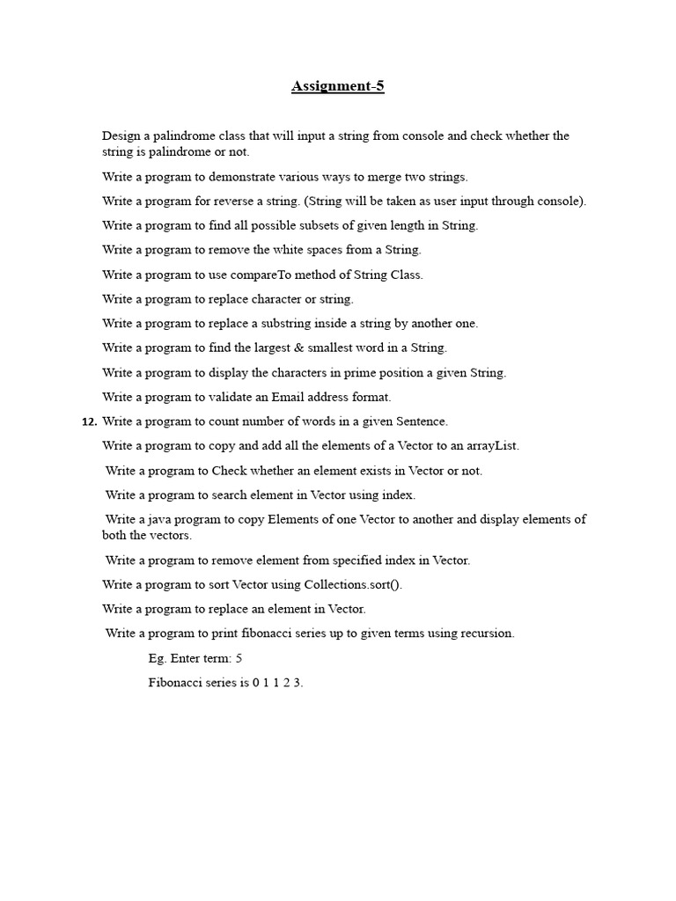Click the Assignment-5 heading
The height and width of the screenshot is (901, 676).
tap(338, 86)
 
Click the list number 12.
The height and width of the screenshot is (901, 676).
tap(89, 421)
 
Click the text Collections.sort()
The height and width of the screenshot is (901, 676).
tap(353, 584)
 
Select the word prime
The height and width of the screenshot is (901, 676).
tap(356, 372)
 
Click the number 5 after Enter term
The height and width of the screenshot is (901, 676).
tap(239, 658)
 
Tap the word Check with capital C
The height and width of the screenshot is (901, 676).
tap(229, 471)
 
